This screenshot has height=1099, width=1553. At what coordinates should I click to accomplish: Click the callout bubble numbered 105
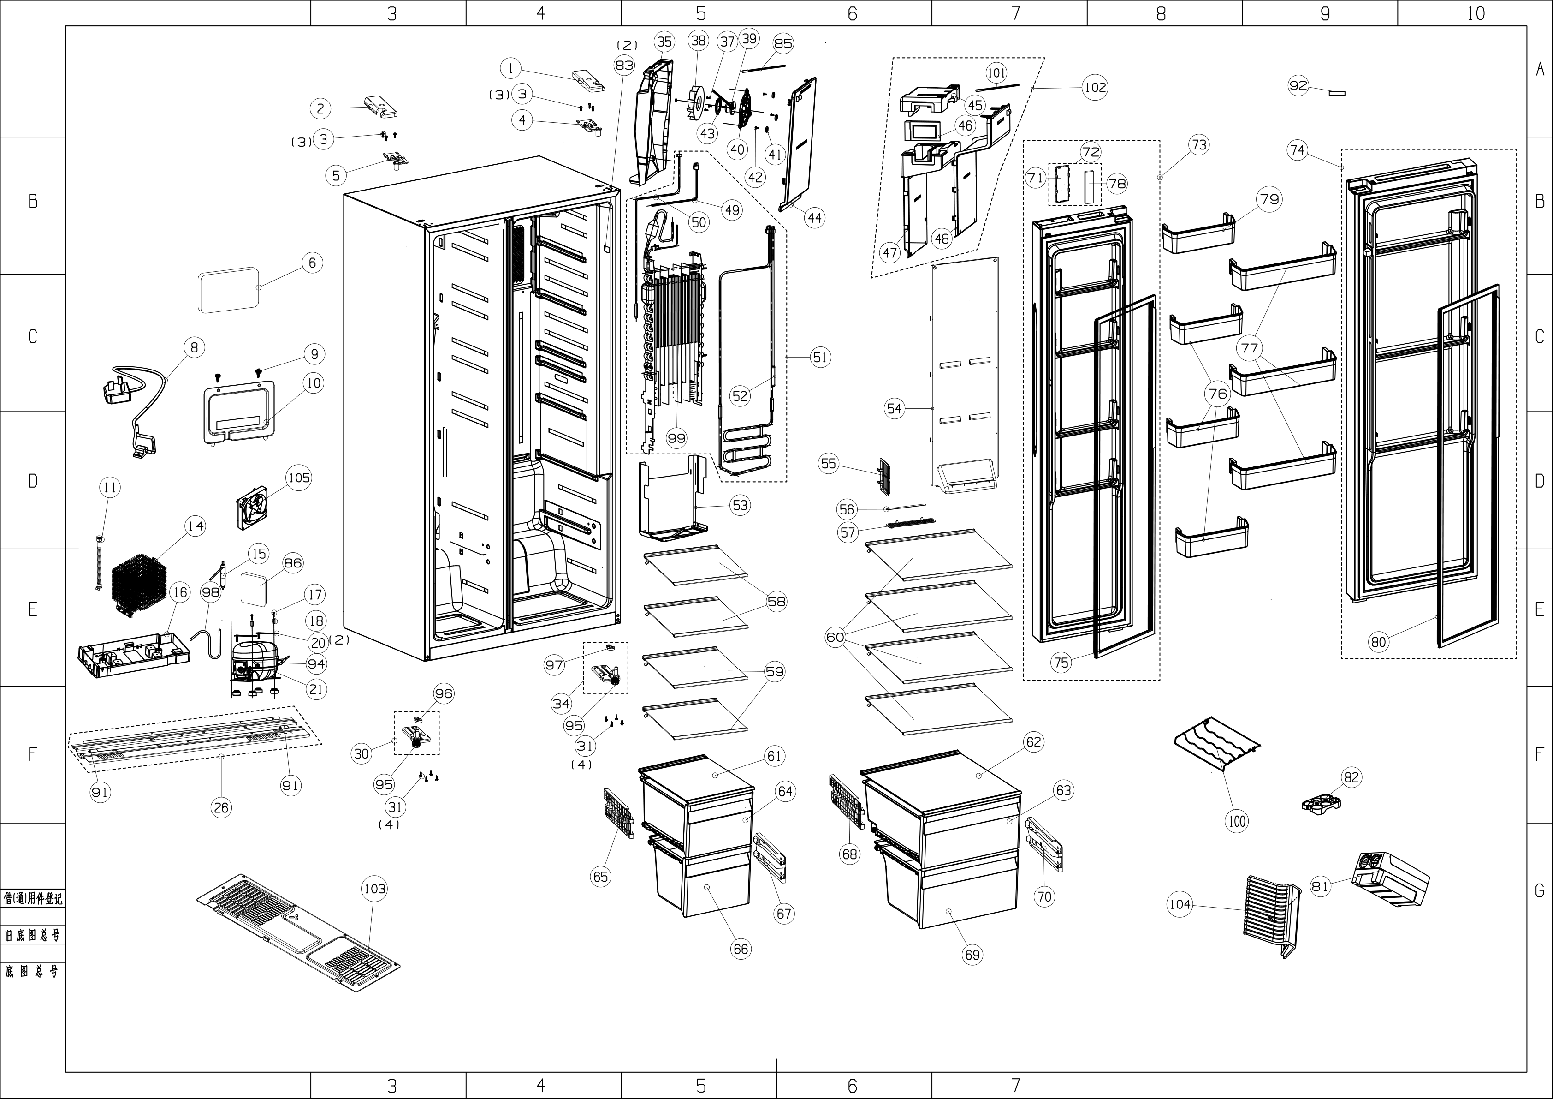coord(299,478)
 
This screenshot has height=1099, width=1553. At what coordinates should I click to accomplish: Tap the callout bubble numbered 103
coord(375,889)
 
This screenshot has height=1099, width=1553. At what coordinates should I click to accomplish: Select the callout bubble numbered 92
coord(1298,86)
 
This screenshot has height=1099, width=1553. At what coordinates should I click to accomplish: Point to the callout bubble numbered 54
coord(894,408)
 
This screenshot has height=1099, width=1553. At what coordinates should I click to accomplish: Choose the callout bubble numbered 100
coord(1236,822)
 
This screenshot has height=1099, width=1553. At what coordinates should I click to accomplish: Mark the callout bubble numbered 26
coord(221,807)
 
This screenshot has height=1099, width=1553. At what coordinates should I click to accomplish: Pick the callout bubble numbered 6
coord(312,263)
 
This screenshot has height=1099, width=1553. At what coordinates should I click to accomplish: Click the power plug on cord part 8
coord(119,392)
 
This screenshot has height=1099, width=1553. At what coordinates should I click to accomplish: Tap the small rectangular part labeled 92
coord(1337,93)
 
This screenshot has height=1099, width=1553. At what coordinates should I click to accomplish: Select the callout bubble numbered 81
coord(1320,886)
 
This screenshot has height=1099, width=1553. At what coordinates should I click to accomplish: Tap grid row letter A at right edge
coord(1540,69)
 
